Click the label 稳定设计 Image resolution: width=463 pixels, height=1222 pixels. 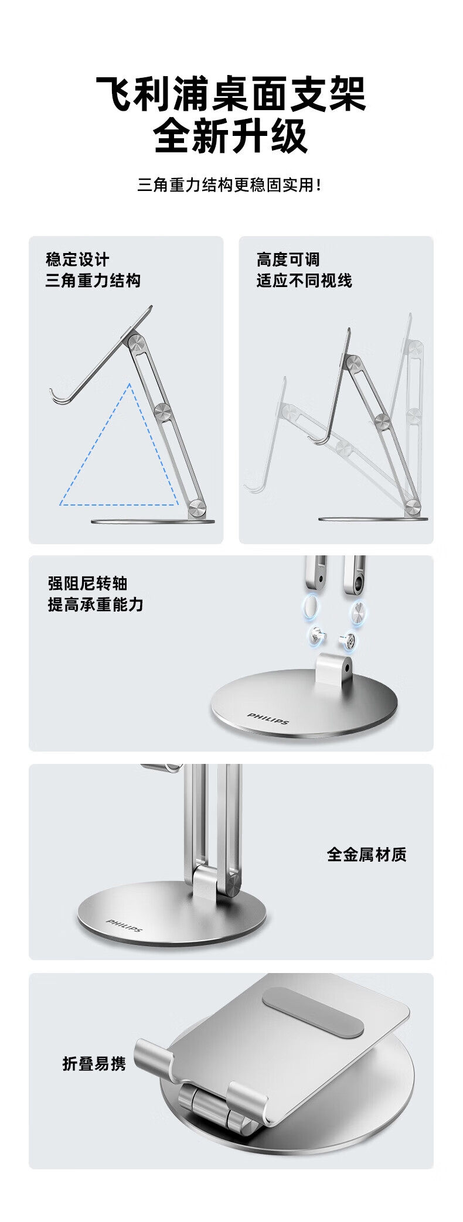(77, 260)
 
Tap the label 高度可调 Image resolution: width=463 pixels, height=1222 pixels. (288, 260)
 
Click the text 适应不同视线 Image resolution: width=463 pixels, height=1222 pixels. (304, 281)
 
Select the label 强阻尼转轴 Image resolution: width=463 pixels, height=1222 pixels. (87, 583)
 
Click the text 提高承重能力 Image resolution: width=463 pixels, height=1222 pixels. (96, 605)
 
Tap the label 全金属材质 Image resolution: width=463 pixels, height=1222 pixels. (367, 855)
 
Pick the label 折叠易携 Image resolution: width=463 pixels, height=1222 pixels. (94, 1064)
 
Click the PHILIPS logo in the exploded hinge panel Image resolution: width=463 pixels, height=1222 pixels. (268, 718)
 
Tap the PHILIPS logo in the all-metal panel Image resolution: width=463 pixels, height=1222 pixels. (124, 925)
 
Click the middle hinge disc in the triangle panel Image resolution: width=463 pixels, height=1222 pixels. (163, 411)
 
